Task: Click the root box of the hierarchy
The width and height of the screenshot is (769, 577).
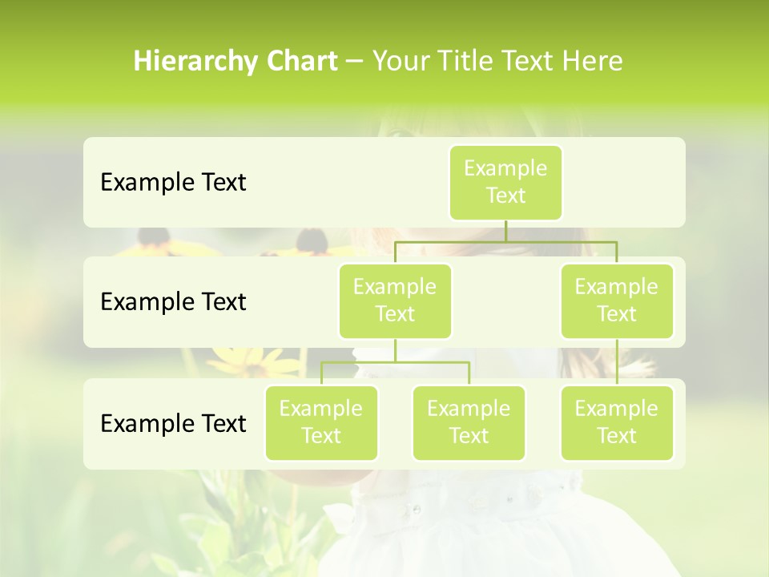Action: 505,183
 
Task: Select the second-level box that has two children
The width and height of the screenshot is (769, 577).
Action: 395,301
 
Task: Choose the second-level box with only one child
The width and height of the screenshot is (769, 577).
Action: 617,301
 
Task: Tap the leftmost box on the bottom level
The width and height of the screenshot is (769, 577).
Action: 321,422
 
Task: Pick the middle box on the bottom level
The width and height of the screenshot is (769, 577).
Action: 469,422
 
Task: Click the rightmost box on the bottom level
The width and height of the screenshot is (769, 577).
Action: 617,422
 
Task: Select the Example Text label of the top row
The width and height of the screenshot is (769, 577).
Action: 173,183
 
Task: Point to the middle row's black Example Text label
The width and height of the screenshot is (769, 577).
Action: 173,302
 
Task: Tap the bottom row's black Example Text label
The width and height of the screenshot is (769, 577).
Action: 173,423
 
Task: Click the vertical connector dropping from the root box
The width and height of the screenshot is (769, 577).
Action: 505,231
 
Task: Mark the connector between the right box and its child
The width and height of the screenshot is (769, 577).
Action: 617,362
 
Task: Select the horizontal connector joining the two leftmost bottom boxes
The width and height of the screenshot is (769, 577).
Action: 395,362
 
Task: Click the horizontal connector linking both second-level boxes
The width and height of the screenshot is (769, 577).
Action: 505,241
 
